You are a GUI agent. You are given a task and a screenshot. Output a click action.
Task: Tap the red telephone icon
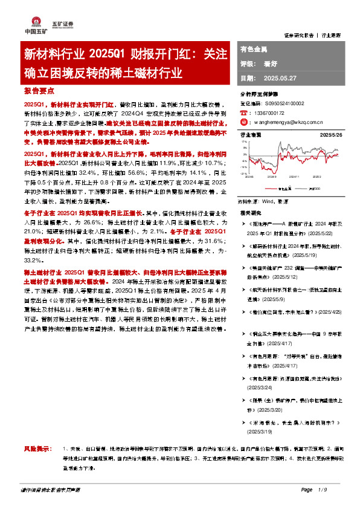pos(243,112)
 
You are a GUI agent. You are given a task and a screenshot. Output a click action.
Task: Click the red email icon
pos(243,122)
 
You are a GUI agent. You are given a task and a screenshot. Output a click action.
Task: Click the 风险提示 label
pos(35,447)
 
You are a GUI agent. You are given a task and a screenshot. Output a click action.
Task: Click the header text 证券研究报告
pos(299,35)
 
